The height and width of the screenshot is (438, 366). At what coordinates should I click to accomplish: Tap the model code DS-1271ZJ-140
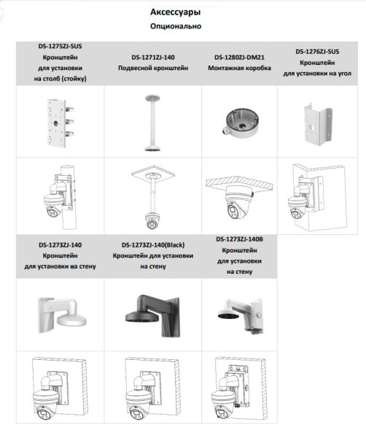tap(153, 57)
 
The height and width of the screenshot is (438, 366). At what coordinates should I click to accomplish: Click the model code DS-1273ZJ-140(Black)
tap(153, 246)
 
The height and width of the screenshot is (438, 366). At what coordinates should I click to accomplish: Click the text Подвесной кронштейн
tap(153, 68)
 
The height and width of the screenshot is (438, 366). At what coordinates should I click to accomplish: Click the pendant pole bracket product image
tap(153, 120)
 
